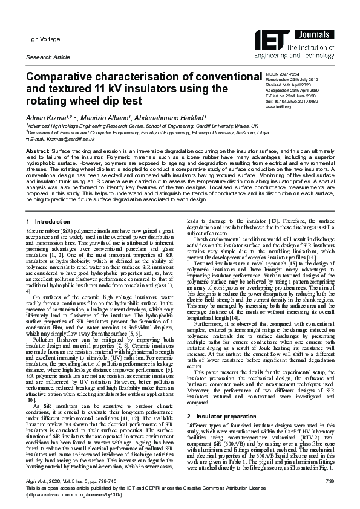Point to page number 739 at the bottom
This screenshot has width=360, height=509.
tap(329, 481)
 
